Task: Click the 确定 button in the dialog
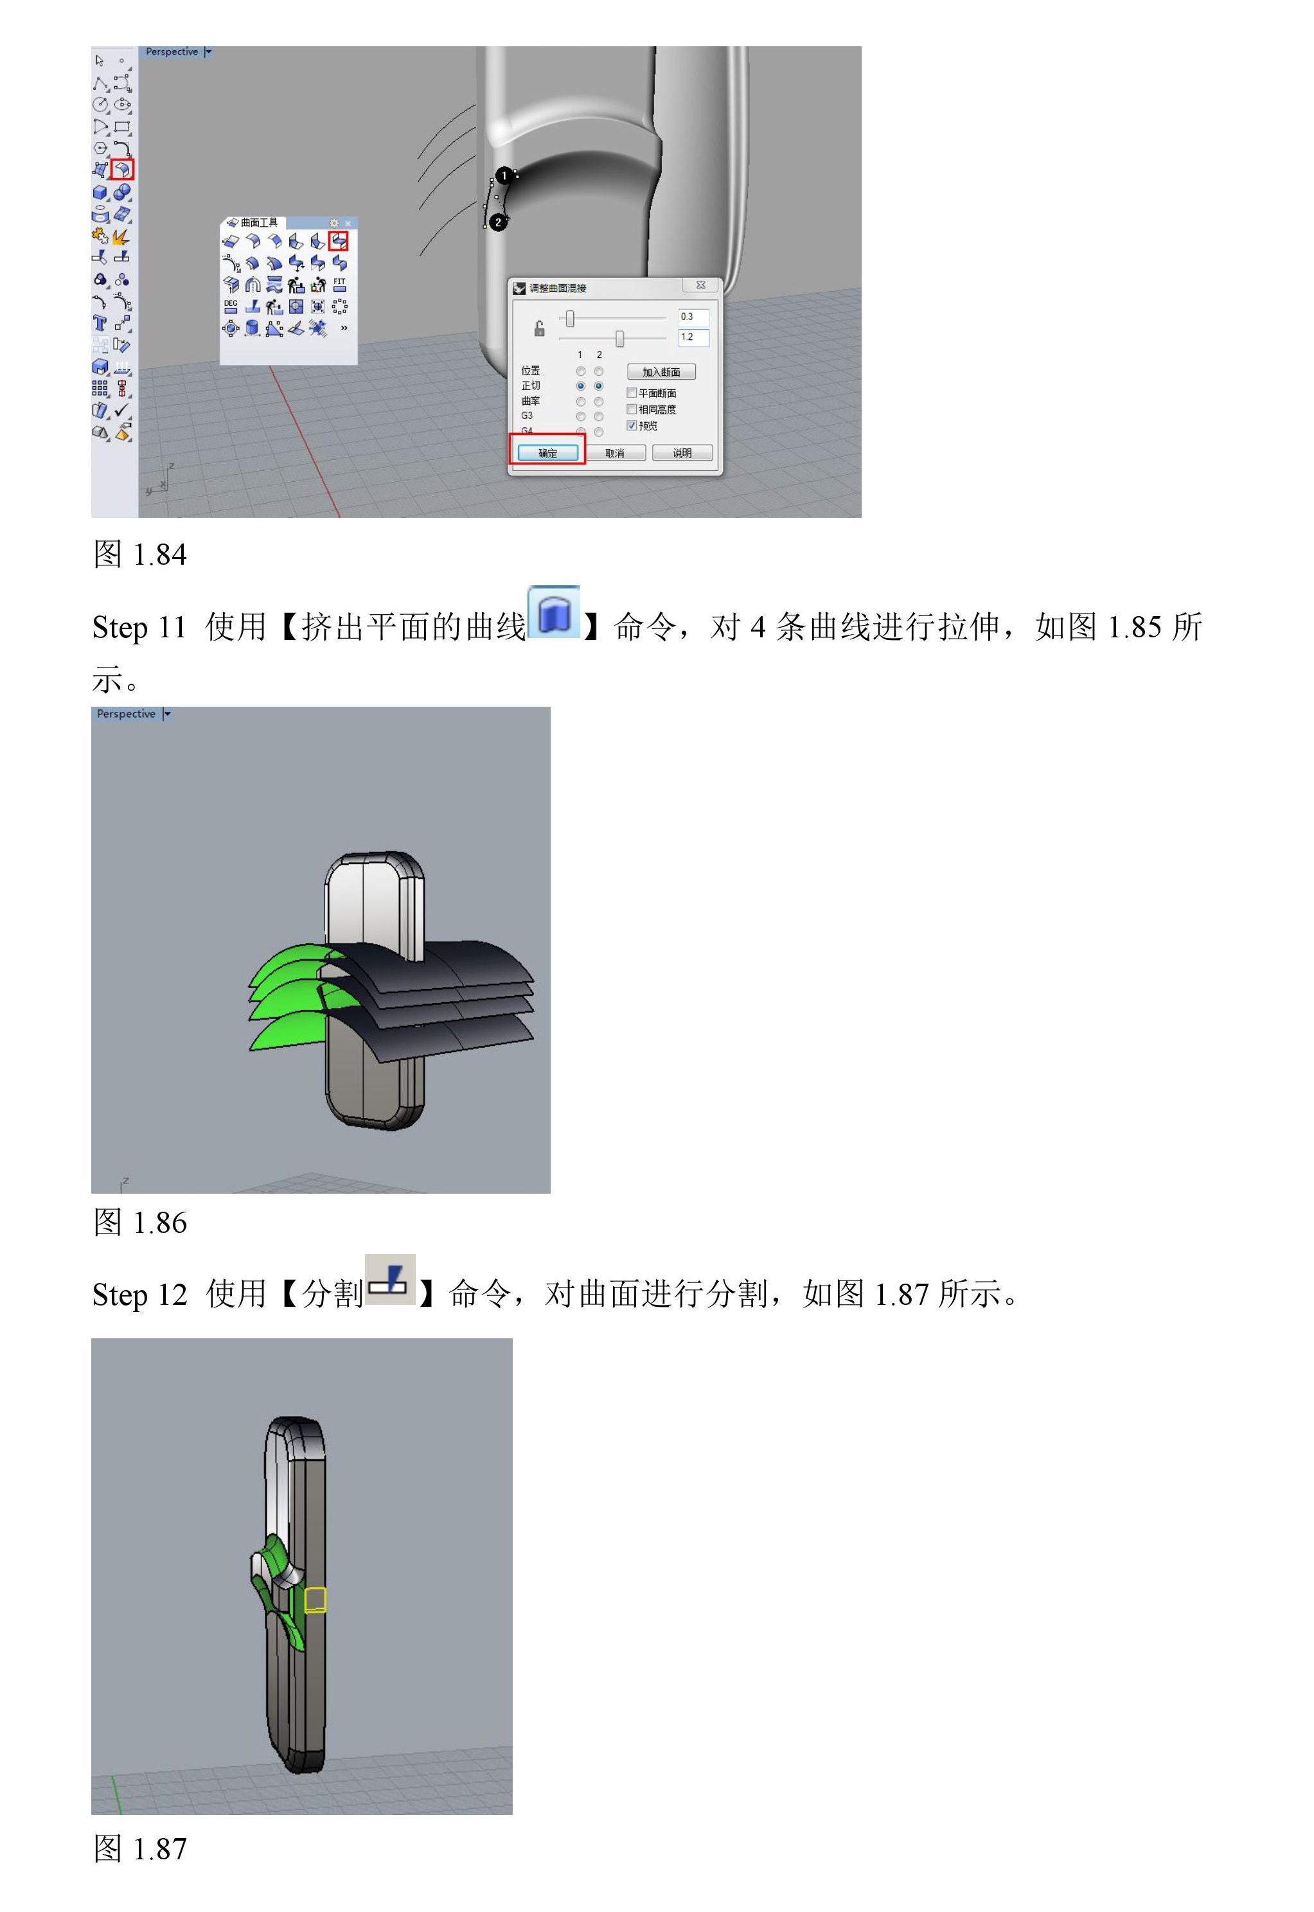[547, 453]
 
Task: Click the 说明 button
[682, 453]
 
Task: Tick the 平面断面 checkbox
[632, 393]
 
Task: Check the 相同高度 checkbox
[632, 409]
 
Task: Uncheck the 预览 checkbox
[632, 425]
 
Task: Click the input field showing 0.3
[693, 317]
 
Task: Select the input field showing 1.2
[693, 337]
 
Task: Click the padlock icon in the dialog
[539, 328]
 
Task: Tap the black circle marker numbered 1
[504, 175]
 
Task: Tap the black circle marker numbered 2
[498, 222]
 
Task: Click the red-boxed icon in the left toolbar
[122, 170]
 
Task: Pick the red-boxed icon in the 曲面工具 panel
[339, 240]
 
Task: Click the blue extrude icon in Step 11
[554, 612]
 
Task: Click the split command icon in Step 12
[389, 1279]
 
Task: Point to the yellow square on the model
[315, 1599]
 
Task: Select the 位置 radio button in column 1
[580, 371]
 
